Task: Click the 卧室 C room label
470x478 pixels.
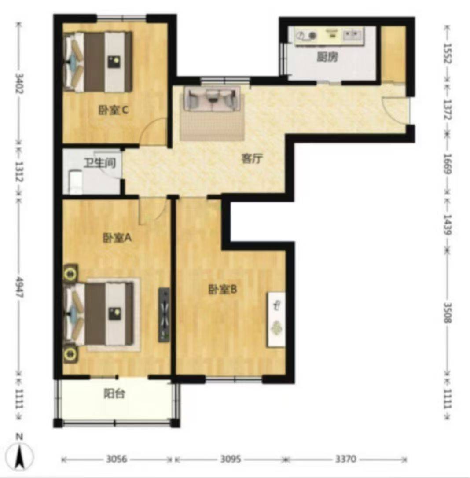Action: click(113, 110)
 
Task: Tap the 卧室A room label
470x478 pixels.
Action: click(117, 238)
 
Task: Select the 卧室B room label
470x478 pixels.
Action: click(223, 290)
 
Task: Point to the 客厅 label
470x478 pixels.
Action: click(252, 158)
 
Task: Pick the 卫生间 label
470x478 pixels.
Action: click(100, 163)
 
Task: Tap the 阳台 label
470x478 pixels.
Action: click(114, 394)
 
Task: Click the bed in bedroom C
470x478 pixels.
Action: click(98, 62)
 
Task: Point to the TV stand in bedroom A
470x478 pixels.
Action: click(164, 315)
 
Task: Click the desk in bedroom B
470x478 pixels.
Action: click(276, 320)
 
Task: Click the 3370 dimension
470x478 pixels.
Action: click(345, 459)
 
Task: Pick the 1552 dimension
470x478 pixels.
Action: click(447, 53)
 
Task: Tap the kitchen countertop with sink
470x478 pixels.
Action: click(330, 36)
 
